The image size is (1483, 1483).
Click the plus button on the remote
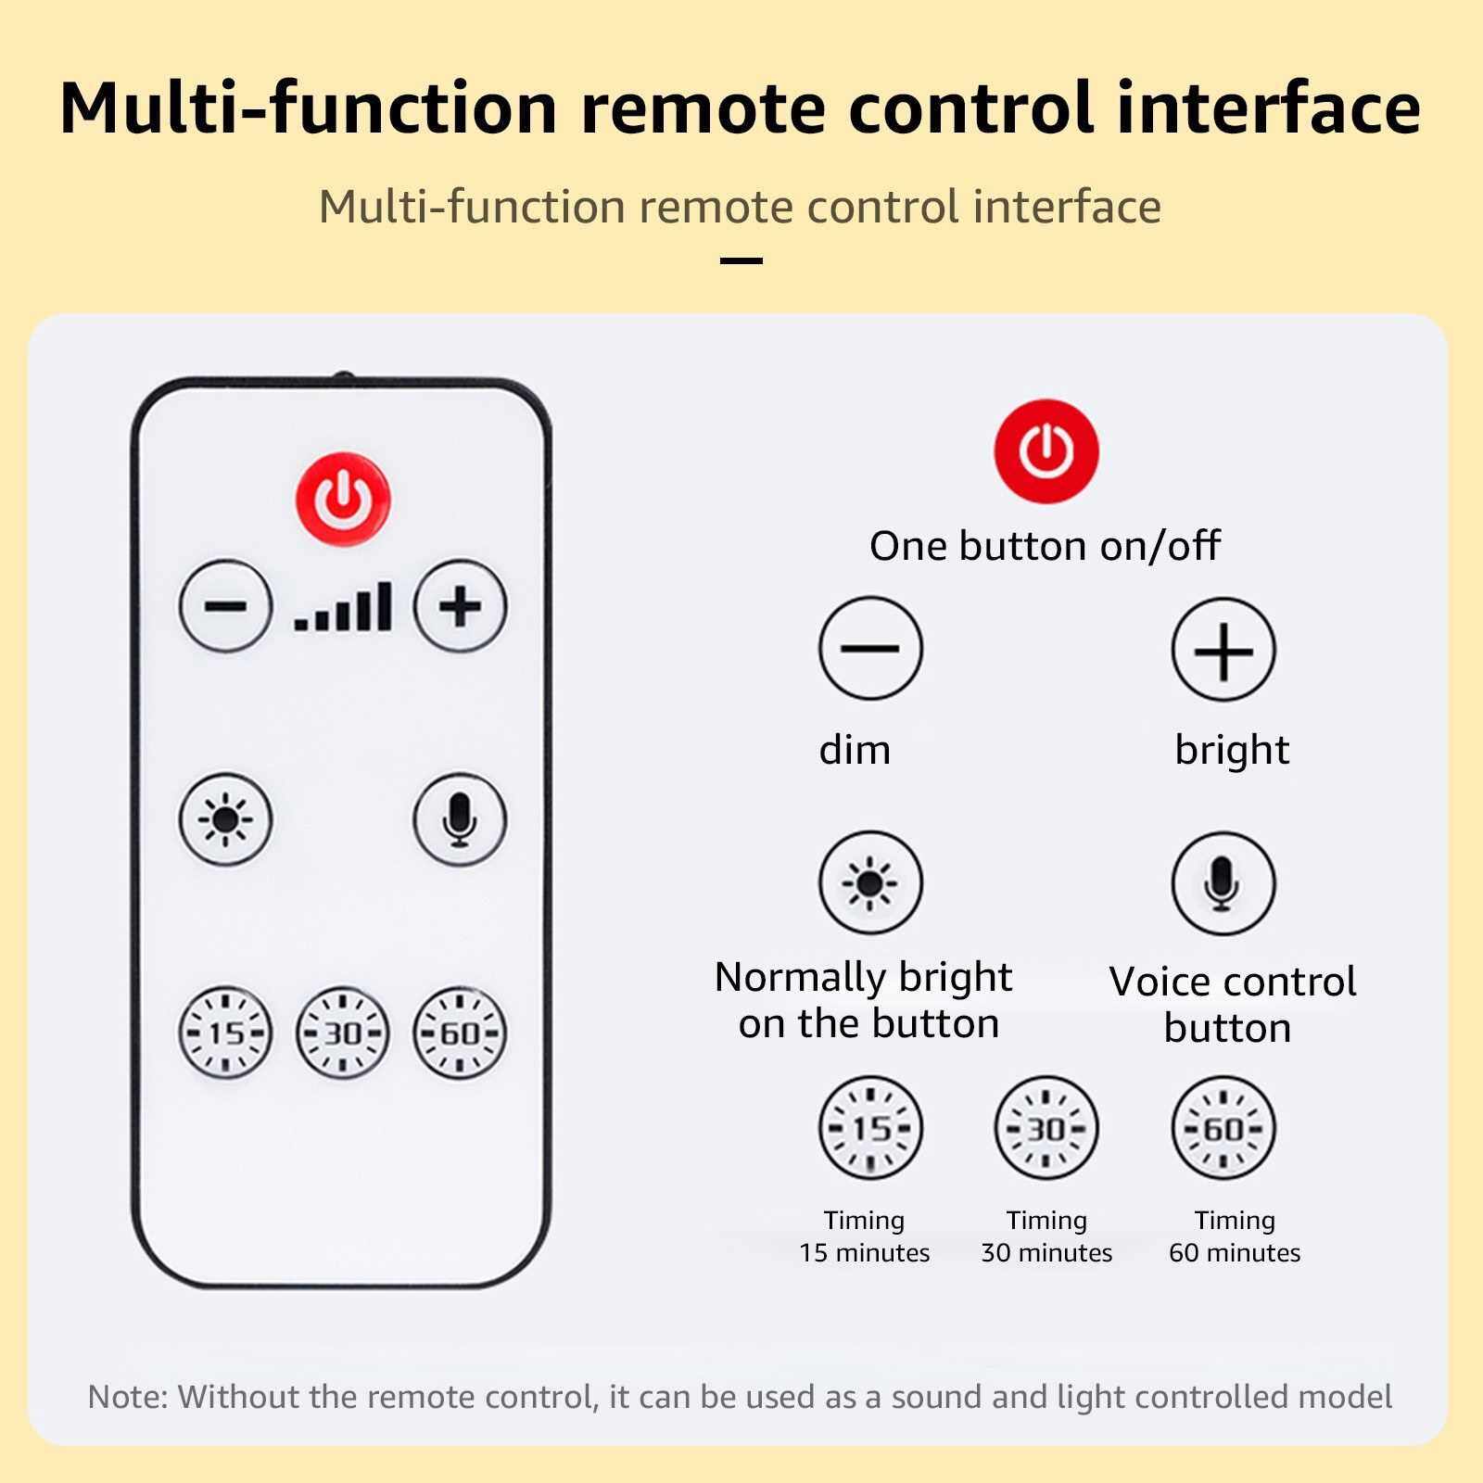tap(460, 607)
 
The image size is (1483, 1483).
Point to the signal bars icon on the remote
tap(343, 607)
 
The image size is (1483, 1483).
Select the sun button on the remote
tap(225, 819)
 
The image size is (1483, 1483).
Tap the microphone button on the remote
tap(460, 819)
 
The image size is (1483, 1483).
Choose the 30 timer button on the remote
tap(343, 1033)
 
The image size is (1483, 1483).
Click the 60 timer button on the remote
tap(460, 1033)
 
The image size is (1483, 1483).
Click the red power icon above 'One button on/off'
tap(1046, 451)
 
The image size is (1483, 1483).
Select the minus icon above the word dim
tap(870, 648)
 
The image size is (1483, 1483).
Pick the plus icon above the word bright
tap(1223, 650)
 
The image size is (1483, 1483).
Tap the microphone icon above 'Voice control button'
tap(1223, 883)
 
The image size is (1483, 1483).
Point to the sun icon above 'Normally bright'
tap(870, 881)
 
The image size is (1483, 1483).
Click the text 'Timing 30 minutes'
tap(1046, 1236)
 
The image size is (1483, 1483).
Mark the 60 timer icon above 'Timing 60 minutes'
tap(1223, 1128)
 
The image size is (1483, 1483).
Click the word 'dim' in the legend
tap(855, 749)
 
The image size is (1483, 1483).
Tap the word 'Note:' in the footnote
tap(128, 1397)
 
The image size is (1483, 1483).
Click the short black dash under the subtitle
tap(741, 260)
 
